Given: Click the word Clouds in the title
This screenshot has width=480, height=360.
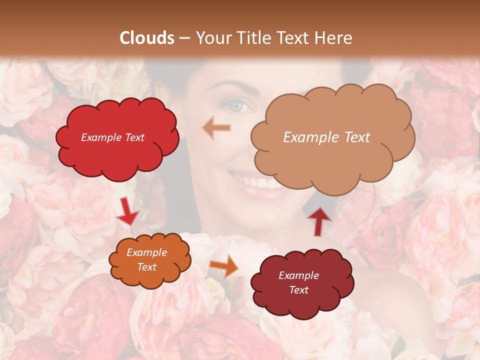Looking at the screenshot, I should pos(147,38).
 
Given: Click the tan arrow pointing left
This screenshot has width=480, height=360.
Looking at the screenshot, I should pos(216,127).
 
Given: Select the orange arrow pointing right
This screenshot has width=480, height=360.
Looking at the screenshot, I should pos(224,266).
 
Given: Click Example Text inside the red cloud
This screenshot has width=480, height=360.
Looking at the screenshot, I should pos(112,137).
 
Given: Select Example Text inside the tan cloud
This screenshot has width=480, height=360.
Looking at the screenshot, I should pos(326,137).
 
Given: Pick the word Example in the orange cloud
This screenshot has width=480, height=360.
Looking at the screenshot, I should pos(146,253).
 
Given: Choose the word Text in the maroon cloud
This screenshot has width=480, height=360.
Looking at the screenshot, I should pos(298,290).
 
